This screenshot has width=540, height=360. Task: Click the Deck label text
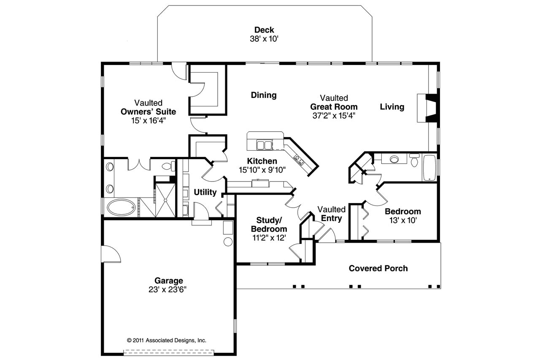264,30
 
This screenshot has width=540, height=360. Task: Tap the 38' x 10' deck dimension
264,38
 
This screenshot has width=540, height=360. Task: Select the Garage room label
168,281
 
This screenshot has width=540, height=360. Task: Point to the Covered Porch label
378,268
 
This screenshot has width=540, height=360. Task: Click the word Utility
205,192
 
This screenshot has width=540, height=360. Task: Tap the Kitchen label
262,161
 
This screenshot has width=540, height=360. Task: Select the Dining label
264,95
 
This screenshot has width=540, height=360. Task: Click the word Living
392,107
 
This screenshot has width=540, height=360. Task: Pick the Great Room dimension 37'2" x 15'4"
334,116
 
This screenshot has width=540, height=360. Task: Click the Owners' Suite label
148,112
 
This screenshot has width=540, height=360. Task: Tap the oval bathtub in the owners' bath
121,208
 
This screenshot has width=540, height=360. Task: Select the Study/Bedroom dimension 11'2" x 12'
269,238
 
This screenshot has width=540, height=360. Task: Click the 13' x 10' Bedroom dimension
402,220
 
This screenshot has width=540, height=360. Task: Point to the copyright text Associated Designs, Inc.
166,340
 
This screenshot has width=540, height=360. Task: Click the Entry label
331,218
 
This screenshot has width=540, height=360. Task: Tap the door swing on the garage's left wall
111,254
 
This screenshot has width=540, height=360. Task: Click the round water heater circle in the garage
228,242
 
